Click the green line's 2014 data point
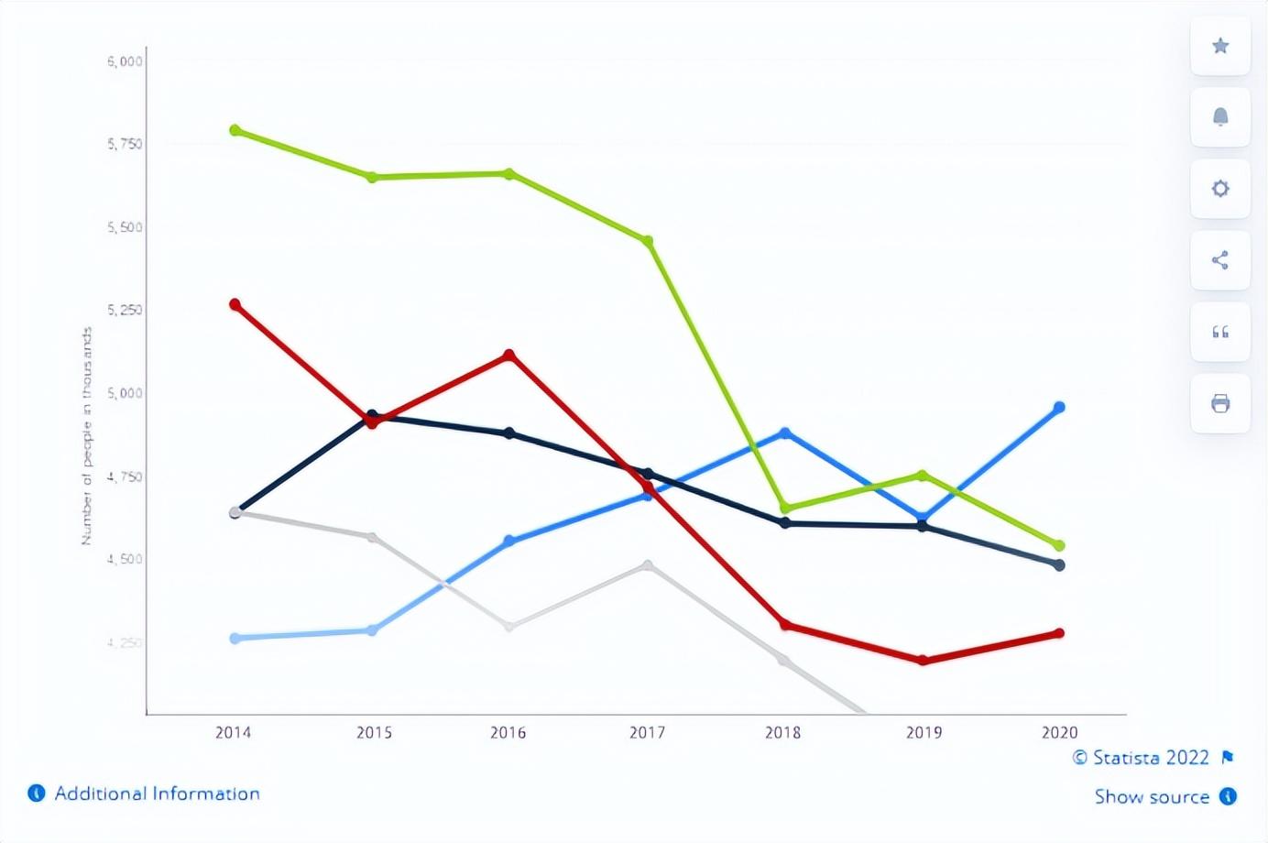pos(235,130)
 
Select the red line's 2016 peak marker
pos(509,355)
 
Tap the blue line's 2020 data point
pos(1059,407)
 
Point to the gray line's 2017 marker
pos(648,565)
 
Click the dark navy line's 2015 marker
pos(372,415)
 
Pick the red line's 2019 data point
pos(923,660)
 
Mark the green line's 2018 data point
pos(785,508)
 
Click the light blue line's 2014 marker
pos(235,638)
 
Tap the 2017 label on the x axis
pos(647,732)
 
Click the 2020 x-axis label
pos(1059,732)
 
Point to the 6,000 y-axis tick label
pos(125,61)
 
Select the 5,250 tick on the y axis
pos(125,310)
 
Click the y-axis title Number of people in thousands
pos(87,436)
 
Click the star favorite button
pos(1220,46)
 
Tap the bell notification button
pos(1220,117)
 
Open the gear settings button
pos(1220,189)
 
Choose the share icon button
pos(1220,260)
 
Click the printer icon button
pos(1220,403)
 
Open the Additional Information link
pos(157,794)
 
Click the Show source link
pos(1152,796)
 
